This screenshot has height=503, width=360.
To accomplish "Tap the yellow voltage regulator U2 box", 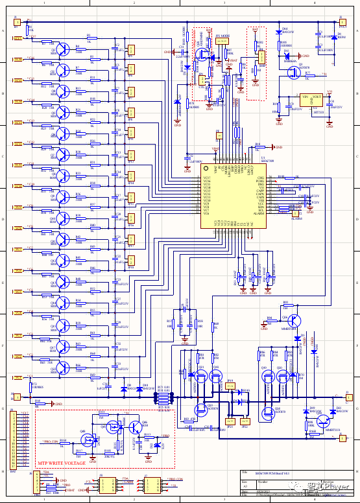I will pyautogui.click(x=312, y=101).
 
